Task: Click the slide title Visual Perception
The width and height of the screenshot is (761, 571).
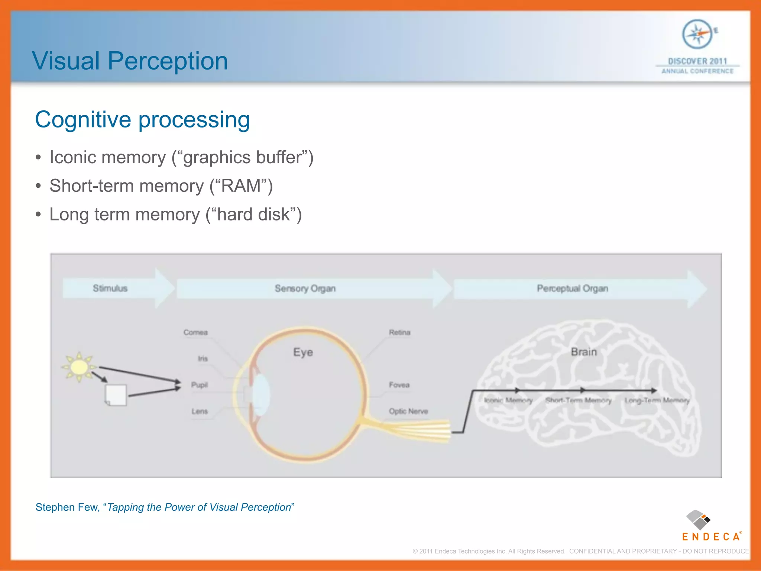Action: pos(130,61)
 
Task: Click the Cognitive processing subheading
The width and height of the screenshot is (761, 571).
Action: pos(142,120)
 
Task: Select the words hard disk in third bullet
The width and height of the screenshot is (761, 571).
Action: pos(253,214)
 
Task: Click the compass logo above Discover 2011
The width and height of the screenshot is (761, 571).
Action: pos(697,34)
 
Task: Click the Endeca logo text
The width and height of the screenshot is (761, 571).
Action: pos(711,536)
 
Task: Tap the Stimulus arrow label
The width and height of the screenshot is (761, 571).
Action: pos(110,288)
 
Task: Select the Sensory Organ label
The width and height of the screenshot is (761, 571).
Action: pos(305,288)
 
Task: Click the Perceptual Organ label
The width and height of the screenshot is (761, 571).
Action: pos(572,288)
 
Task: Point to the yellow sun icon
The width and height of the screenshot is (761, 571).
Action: pos(79,367)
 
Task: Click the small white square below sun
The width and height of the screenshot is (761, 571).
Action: pos(116,395)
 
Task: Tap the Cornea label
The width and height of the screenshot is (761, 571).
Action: pos(195,332)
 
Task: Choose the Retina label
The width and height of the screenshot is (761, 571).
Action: pos(399,332)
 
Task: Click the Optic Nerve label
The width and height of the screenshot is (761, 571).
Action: pos(408,411)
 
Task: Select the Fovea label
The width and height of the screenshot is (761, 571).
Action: pos(399,385)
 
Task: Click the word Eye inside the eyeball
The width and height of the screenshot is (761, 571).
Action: pos(303,352)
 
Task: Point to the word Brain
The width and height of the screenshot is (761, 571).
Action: pos(584,352)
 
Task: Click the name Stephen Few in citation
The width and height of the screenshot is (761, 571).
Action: pos(67,507)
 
